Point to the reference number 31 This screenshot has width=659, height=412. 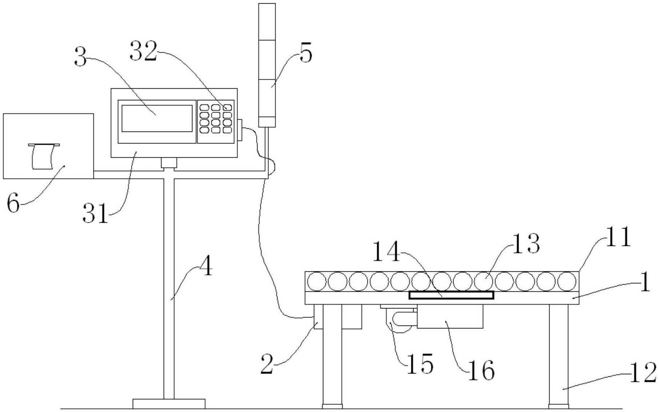pos(95,213)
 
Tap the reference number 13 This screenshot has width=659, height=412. pos(526,243)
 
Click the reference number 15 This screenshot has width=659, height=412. pos(420,364)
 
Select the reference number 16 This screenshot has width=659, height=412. pos(481,370)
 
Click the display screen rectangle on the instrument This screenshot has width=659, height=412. pos(157,118)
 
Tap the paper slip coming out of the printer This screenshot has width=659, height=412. pos(43,157)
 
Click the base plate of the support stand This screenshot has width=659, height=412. pos(169,404)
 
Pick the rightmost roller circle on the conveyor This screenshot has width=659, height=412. pos(567,282)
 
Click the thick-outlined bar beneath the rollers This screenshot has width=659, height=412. pos(451,295)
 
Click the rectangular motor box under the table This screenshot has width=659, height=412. pos(450,317)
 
